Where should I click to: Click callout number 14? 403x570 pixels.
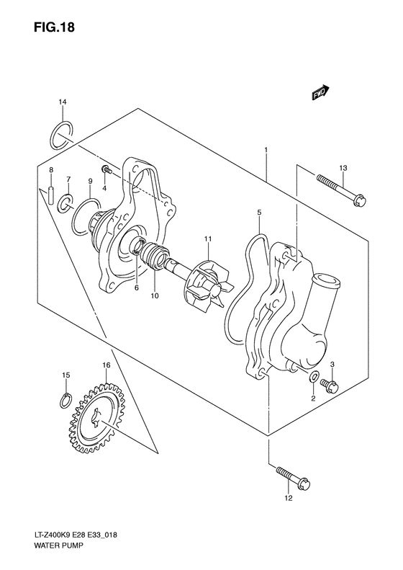click(63, 104)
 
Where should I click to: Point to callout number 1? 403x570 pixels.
click(266, 151)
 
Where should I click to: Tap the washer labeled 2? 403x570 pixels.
click(314, 378)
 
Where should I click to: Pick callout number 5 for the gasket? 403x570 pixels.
click(259, 213)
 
